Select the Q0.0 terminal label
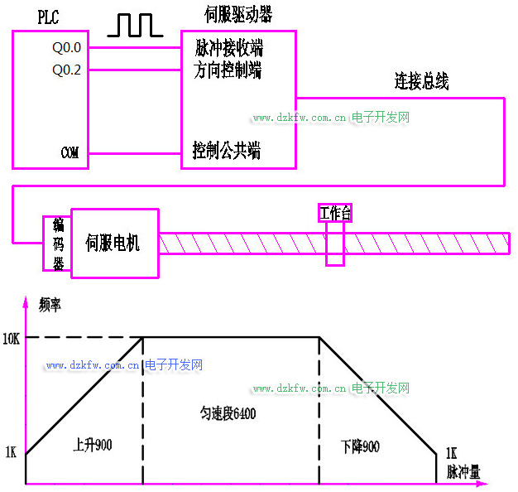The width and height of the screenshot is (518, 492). tap(67, 47)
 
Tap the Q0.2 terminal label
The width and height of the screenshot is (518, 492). tap(67, 70)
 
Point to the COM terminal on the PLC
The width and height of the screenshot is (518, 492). tap(70, 153)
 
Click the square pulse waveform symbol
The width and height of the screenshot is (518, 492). tap(135, 26)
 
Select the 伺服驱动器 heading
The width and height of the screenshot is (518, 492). tap(238, 15)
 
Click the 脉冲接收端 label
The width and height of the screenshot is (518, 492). tap(229, 47)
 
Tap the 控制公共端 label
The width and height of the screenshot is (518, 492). tap(226, 151)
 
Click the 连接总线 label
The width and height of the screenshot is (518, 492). tap(422, 81)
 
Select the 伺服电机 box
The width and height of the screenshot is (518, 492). tap(114, 243)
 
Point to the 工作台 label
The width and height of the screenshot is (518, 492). tap(335, 213)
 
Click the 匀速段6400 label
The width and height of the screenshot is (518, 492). tap(228, 412)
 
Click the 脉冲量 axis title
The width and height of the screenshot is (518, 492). tap(463, 473)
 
